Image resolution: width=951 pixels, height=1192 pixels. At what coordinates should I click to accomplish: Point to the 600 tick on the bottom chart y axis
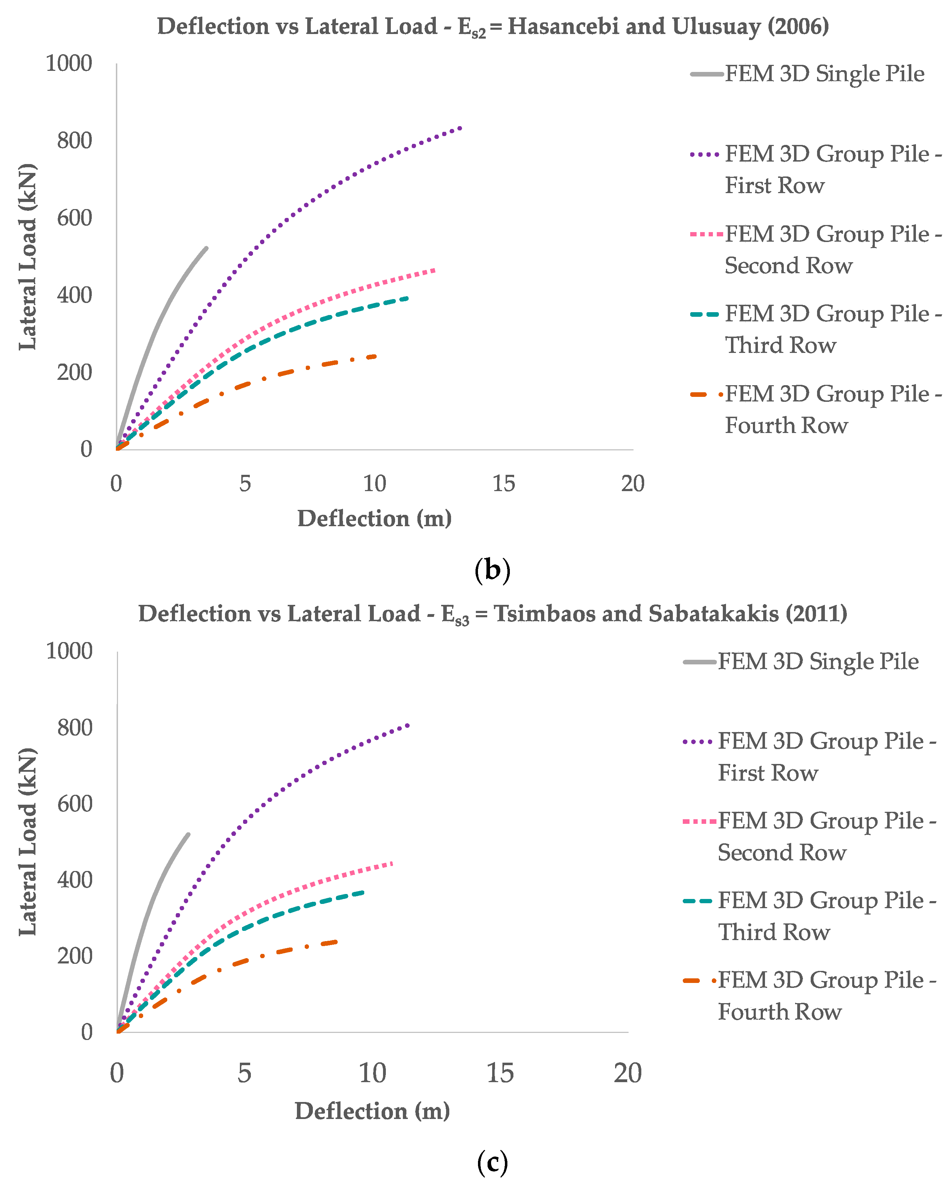coord(75,804)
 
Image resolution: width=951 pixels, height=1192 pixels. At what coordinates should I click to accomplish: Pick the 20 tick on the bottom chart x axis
coord(628,1074)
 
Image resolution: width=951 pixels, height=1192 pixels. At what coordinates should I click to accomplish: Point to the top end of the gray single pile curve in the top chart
coord(207,248)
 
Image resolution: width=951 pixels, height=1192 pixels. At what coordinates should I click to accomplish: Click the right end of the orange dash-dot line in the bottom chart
coord(336,941)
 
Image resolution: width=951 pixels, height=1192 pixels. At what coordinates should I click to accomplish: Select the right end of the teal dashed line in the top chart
coord(407,298)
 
